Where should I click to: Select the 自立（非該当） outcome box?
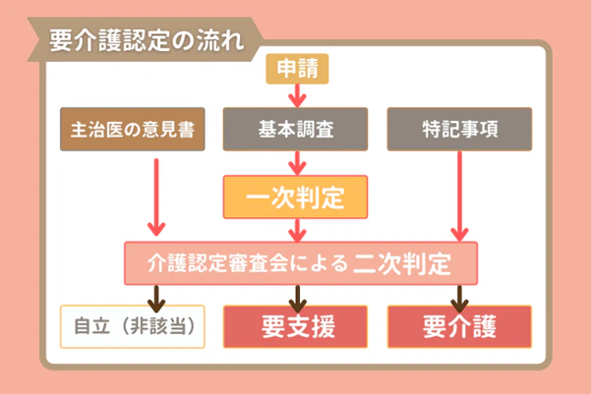coord(133,325)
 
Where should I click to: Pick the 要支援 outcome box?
coord(296,325)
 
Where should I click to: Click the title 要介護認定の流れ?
coord(144,41)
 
